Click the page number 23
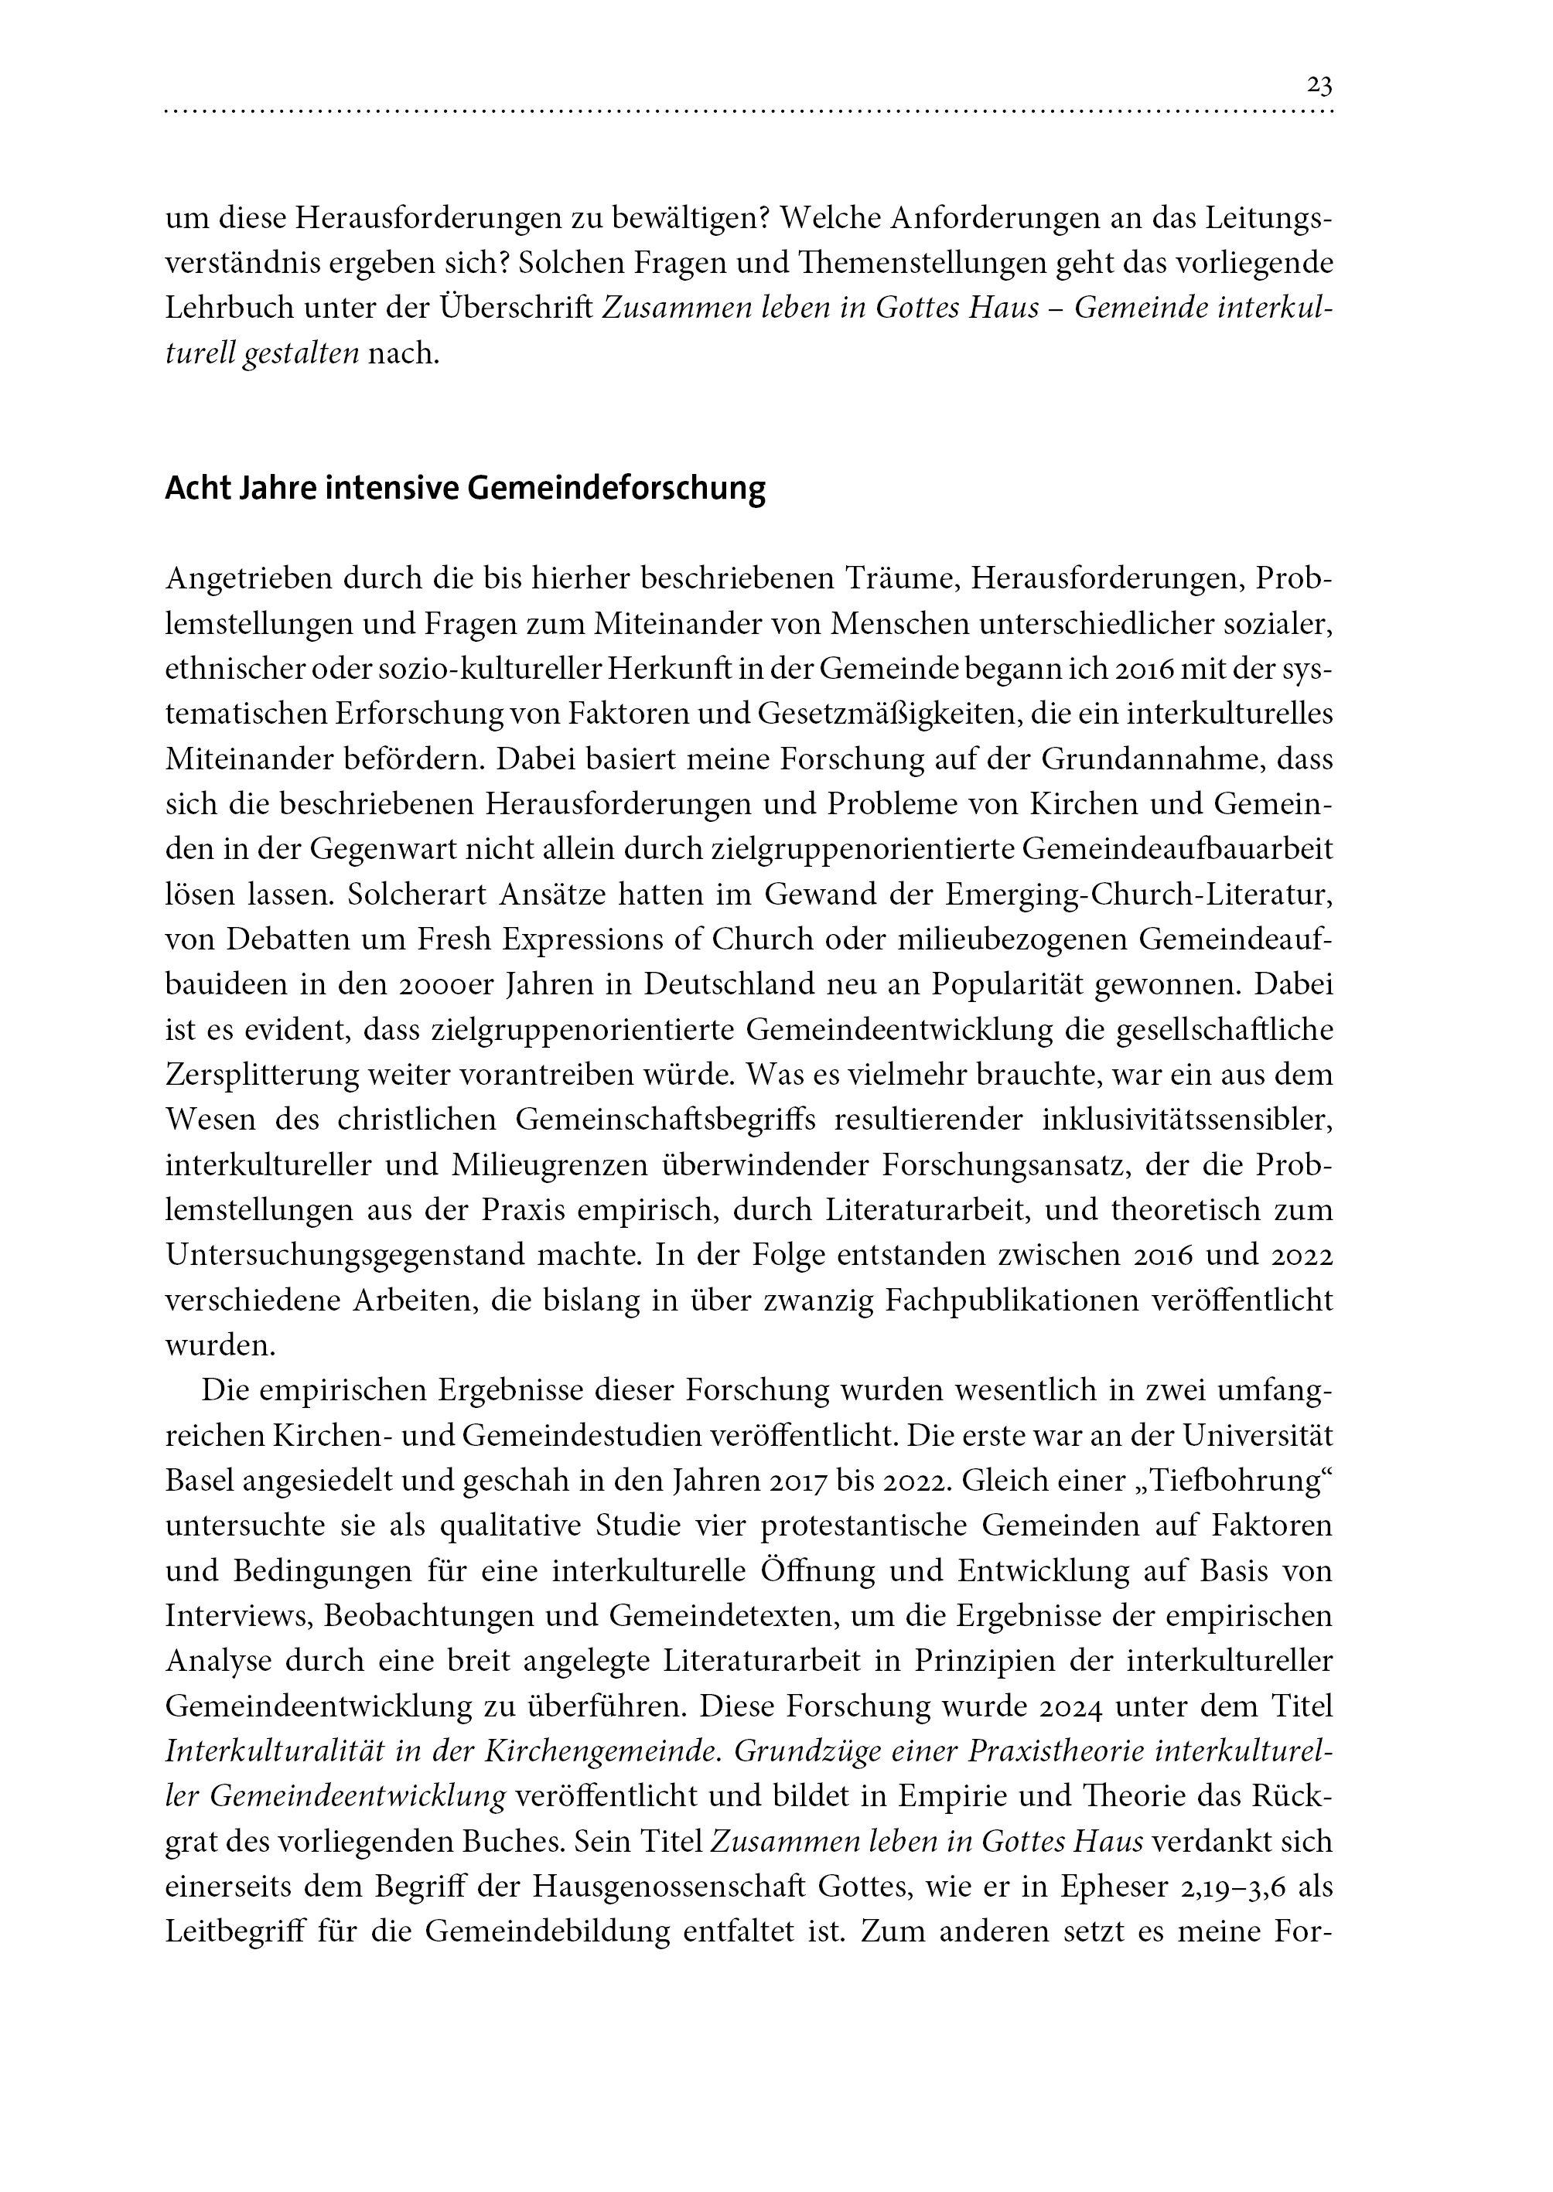1319,86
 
